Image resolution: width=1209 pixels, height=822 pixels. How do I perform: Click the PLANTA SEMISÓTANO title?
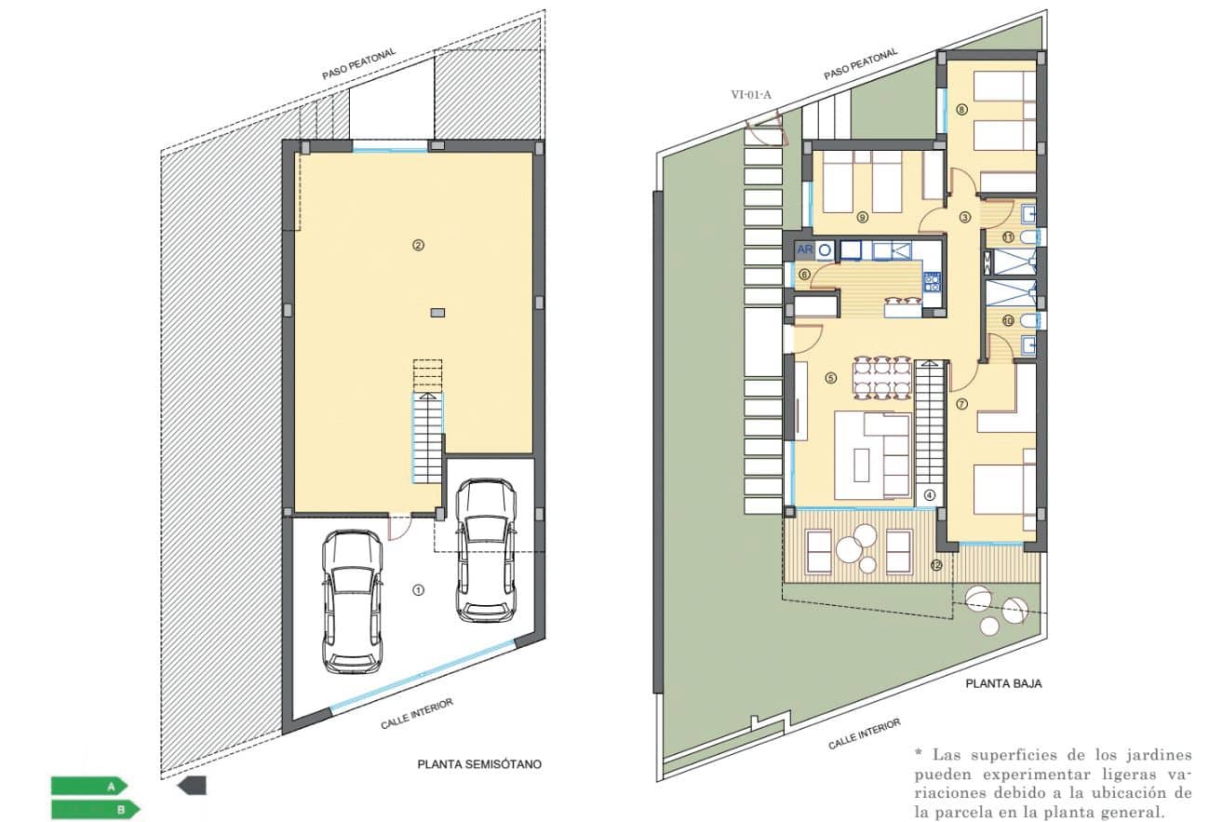[478, 764]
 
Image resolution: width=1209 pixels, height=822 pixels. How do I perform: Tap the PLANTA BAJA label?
[1002, 683]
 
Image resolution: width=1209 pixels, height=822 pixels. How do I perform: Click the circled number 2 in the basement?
[418, 246]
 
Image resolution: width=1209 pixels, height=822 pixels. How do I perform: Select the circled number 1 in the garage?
[418, 589]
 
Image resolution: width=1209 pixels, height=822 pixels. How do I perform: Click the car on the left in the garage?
[352, 601]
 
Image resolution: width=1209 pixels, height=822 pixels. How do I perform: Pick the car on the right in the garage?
[485, 549]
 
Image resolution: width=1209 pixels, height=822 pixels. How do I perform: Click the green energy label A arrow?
[88, 787]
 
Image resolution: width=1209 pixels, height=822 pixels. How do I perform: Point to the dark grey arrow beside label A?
[192, 786]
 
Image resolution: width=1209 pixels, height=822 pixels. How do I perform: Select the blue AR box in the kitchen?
[805, 249]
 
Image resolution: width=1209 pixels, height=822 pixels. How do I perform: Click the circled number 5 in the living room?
[831, 378]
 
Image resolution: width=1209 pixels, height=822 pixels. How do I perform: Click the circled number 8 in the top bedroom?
[961, 109]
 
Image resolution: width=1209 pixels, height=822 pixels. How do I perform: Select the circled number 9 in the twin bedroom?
[862, 218]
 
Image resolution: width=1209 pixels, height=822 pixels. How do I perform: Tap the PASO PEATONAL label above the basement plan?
[359, 64]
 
